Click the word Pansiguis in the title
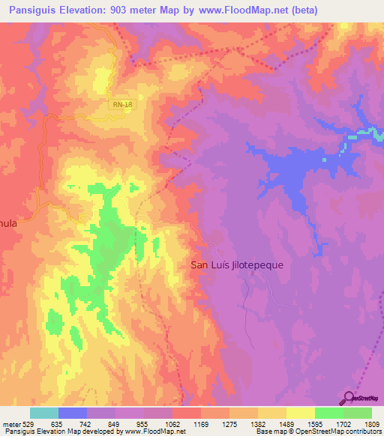click(31, 10)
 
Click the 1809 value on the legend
click(370, 424)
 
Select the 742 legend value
click(86, 424)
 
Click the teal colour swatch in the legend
click(43, 413)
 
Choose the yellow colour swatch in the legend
click(300, 413)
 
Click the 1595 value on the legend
click(313, 424)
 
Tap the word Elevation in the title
click(85, 10)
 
